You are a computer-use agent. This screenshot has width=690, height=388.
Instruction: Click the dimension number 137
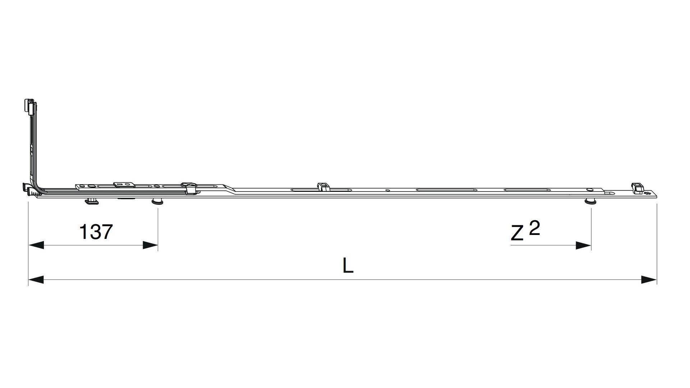click(96, 232)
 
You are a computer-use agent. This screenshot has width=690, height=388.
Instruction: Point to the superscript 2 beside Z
click(535, 228)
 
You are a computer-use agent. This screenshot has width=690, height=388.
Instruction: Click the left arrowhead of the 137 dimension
click(36, 245)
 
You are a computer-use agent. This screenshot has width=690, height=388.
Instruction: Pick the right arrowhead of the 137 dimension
click(150, 245)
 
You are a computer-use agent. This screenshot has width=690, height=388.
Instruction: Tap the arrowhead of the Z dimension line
click(583, 246)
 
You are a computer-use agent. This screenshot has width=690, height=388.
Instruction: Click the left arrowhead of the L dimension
click(36, 280)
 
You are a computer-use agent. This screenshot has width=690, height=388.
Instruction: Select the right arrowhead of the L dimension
click(649, 280)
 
